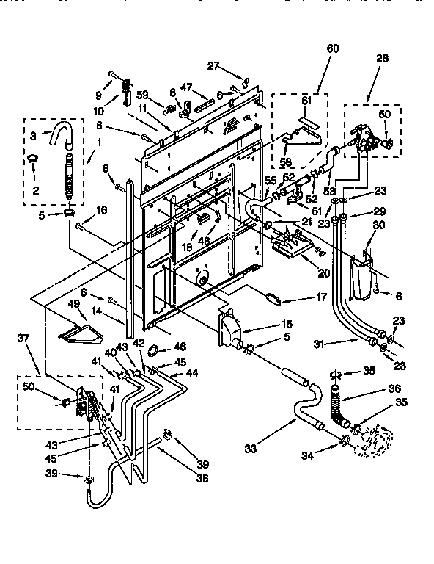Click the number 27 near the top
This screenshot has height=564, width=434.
pyautogui.click(x=213, y=66)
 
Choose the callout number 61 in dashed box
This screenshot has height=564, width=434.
pyautogui.click(x=307, y=101)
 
